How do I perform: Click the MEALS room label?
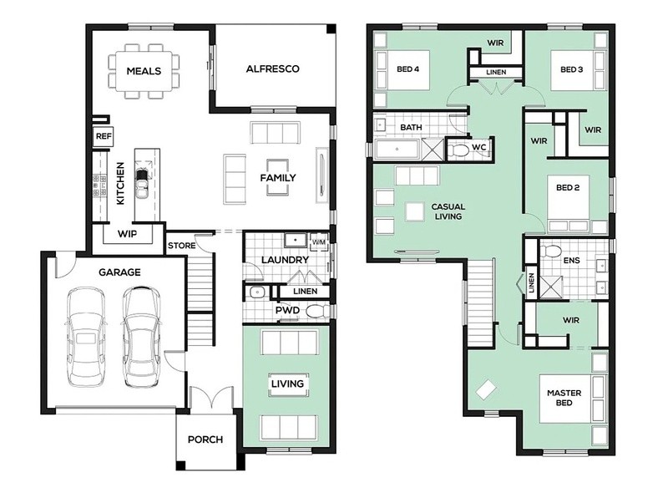point(144,71)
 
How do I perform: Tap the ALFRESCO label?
point(273,69)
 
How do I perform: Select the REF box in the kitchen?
point(104,136)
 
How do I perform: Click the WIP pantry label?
point(127,234)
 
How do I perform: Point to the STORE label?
point(181,246)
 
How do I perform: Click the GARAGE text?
point(119,272)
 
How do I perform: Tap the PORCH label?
point(205,440)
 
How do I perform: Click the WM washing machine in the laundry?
point(319,242)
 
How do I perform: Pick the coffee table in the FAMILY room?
point(278,178)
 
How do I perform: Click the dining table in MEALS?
point(144,71)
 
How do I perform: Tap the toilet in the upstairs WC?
point(458,150)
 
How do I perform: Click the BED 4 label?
point(407,69)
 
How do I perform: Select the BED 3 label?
point(571,69)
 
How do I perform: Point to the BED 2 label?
point(568,188)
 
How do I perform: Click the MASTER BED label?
point(564,398)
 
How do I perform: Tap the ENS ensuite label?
point(571,260)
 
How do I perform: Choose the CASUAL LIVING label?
point(448,211)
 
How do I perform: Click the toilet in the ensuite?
point(550,252)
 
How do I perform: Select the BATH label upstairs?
point(411,127)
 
